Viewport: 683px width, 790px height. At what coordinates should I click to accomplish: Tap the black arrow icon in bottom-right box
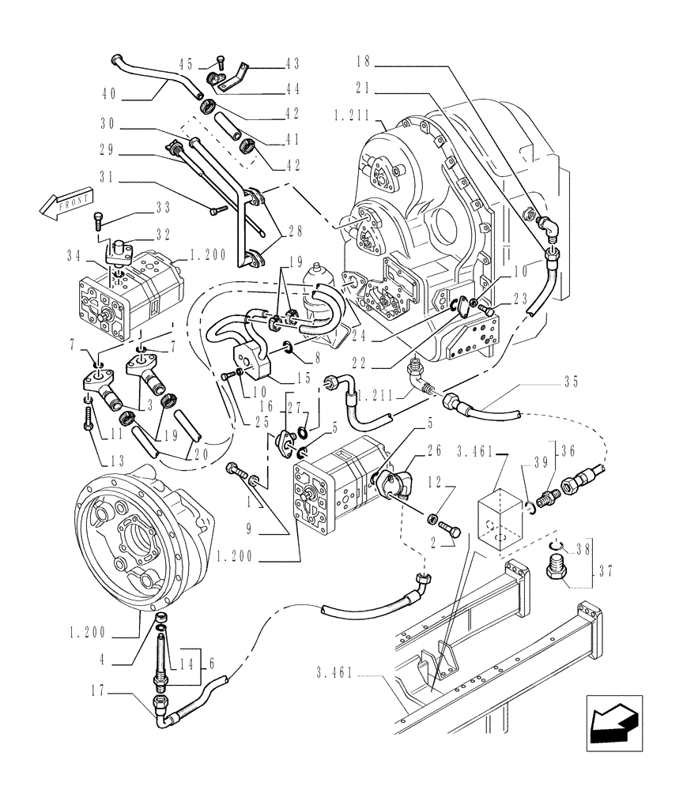coord(613,725)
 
